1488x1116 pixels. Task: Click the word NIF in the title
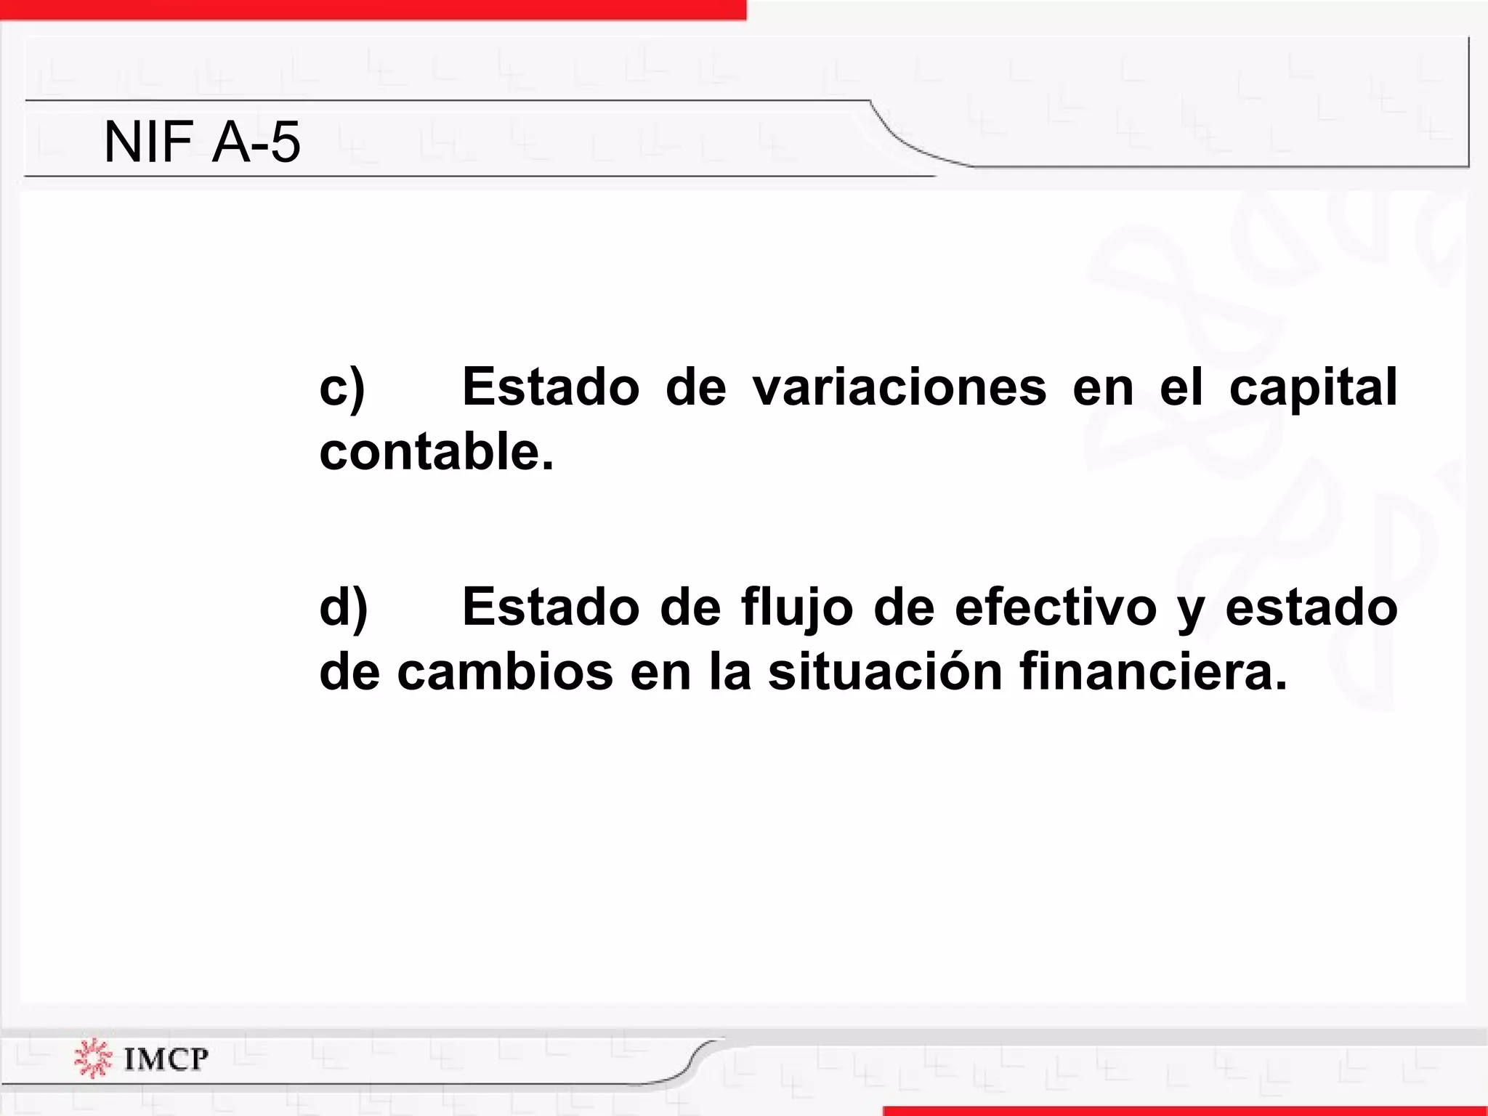click(148, 142)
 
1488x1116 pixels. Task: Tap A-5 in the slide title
click(256, 142)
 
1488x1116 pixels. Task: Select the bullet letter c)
click(341, 388)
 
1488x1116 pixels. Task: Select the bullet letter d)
click(343, 607)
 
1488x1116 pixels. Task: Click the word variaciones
click(899, 387)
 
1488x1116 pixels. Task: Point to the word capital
click(1313, 388)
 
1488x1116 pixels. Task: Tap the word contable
click(436, 452)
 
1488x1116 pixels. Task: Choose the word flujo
click(797, 609)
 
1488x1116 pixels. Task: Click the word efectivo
click(1055, 607)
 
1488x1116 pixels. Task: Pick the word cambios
click(505, 673)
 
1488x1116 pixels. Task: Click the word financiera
click(1153, 673)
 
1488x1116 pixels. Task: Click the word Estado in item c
click(551, 387)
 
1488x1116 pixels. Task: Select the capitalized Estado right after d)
click(551, 607)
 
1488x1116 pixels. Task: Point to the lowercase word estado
click(1311, 607)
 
